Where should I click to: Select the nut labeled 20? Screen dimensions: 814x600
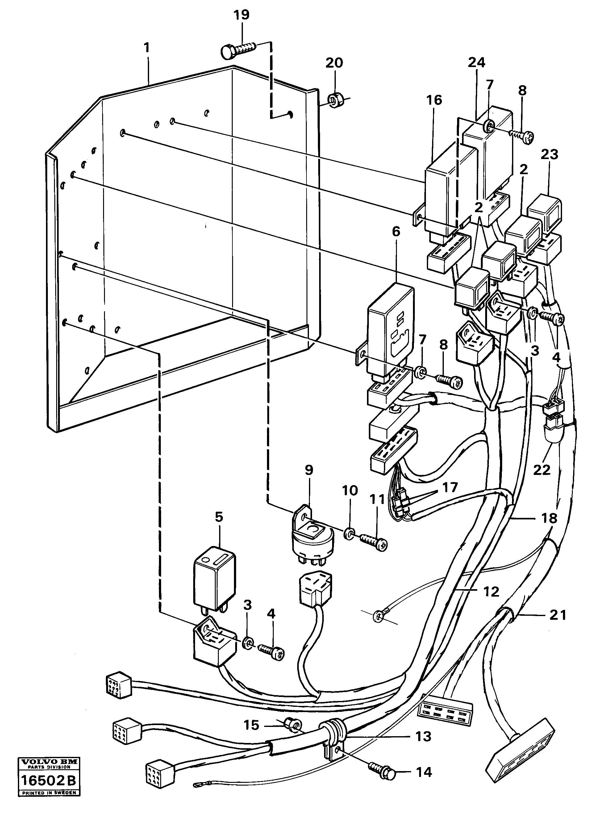click(334, 100)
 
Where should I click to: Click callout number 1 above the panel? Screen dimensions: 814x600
click(146, 48)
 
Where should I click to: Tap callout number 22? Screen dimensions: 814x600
click(542, 470)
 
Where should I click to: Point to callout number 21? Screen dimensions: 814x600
click(557, 615)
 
